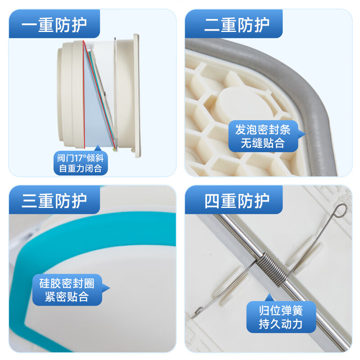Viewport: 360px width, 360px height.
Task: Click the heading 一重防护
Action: (54, 25)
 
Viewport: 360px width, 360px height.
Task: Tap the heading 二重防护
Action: (237, 25)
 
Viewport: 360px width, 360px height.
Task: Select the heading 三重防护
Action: (54, 201)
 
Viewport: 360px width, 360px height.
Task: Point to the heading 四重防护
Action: (237, 201)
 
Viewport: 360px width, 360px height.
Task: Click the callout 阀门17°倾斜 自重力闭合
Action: (81, 162)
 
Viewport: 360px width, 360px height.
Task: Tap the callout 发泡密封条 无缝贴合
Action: (263, 136)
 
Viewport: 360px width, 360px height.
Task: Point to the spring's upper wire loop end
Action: (340, 211)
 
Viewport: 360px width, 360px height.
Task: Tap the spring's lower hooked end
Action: (197, 313)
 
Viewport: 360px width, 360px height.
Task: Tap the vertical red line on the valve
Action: (84, 94)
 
